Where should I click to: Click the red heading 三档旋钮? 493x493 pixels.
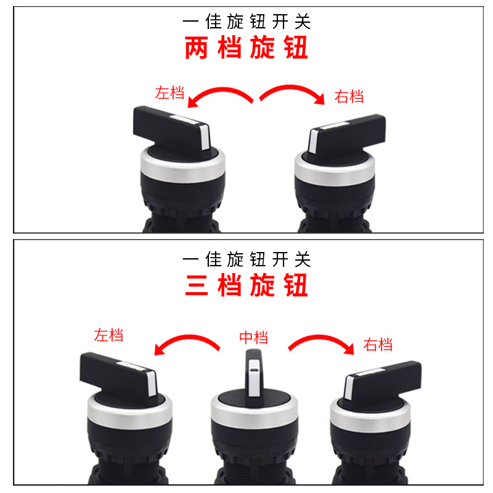pyautogui.click(x=246, y=285)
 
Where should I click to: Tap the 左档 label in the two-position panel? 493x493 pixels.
pyautogui.click(x=170, y=93)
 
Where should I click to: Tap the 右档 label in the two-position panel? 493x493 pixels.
pyautogui.click(x=349, y=97)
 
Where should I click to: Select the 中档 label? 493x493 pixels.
pyautogui.click(x=253, y=338)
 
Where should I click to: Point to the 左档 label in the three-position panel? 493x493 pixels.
pyautogui.click(x=108, y=335)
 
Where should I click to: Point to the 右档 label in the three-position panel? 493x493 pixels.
pyautogui.click(x=378, y=344)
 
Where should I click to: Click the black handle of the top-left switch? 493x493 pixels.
pyautogui.click(x=166, y=123)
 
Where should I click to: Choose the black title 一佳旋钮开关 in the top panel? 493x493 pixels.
pyautogui.click(x=246, y=22)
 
